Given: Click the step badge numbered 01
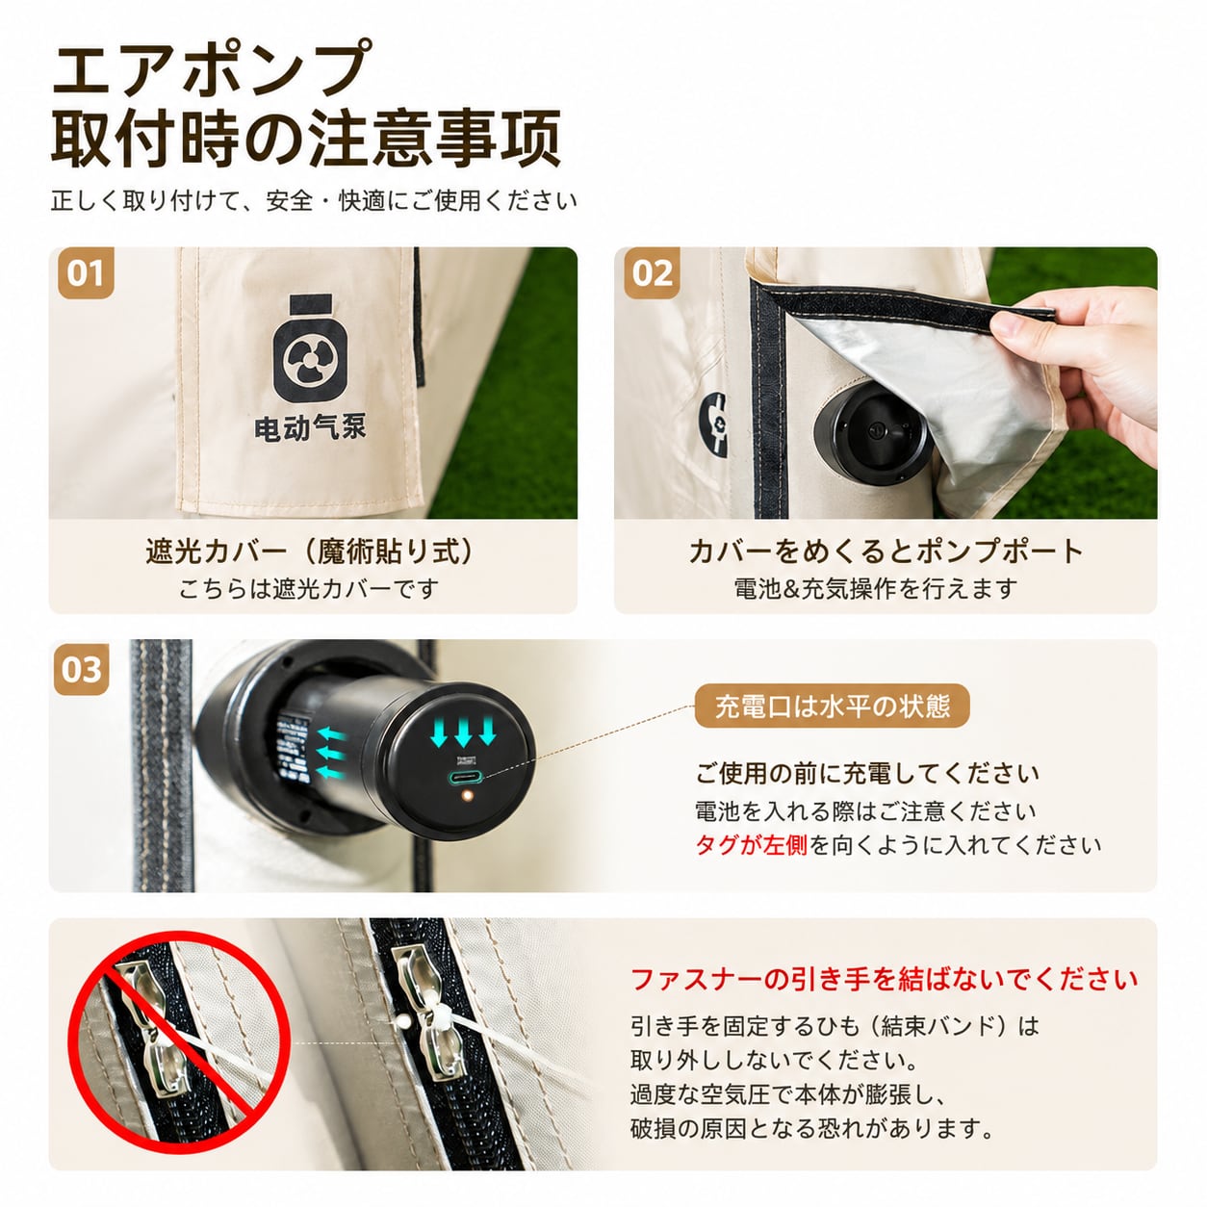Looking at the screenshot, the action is [x=86, y=273].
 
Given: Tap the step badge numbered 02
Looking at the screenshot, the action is [x=652, y=273].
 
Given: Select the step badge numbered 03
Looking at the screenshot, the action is [x=82, y=670].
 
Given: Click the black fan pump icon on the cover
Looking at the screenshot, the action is [x=310, y=348].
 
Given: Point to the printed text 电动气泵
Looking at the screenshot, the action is [x=310, y=429].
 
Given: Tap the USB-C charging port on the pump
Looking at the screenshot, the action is [x=465, y=779].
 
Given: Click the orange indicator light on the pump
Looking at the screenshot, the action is [x=466, y=797].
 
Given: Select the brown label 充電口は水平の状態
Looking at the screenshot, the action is [x=832, y=706].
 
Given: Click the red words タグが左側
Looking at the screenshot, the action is [x=751, y=845].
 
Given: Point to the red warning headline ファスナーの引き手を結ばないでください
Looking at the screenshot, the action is [x=884, y=979].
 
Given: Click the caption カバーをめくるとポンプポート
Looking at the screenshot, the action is [x=886, y=552].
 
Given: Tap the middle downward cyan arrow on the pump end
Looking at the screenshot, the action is [x=463, y=732].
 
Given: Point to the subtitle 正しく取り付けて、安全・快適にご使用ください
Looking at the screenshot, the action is [x=314, y=201].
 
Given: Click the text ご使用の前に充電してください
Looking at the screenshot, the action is [x=867, y=774].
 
